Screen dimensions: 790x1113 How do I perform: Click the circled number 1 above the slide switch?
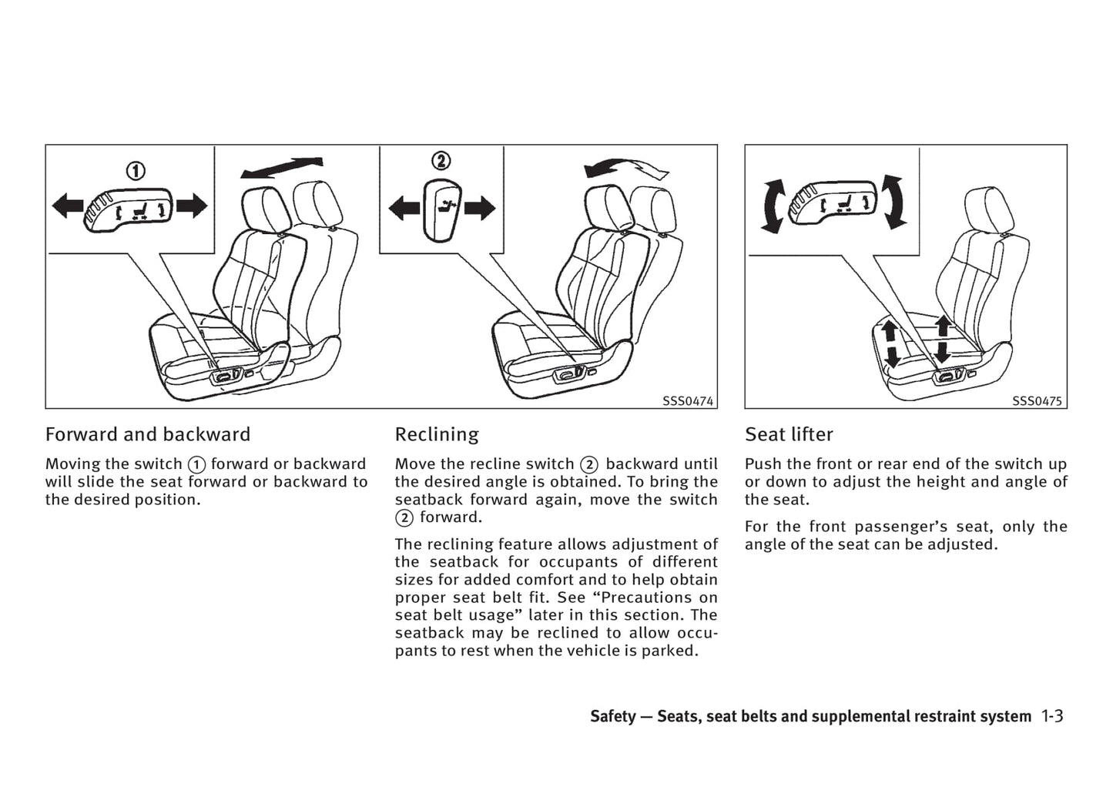pos(136,170)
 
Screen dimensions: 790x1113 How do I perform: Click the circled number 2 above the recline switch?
pos(441,161)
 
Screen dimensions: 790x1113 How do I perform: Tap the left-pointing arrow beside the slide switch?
pos(67,206)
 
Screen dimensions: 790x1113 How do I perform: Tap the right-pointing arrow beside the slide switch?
pos(192,206)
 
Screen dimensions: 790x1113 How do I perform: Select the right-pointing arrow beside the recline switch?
pos(480,208)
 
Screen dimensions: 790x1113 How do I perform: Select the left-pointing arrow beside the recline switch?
pos(404,208)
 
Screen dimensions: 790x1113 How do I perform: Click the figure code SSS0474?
pos(688,401)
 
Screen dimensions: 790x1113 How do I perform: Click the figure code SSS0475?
pos(1037,401)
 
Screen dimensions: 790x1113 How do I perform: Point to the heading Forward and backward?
pos(148,434)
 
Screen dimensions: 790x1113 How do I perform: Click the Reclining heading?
pos(437,434)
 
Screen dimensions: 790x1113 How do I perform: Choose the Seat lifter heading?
pos(789,434)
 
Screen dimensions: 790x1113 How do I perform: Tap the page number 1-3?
pos(1052,716)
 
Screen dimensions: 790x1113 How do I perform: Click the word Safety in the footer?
pos(613,716)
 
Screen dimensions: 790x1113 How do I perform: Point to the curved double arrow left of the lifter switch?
pos(773,206)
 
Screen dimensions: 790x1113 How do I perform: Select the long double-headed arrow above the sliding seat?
pos(281,167)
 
